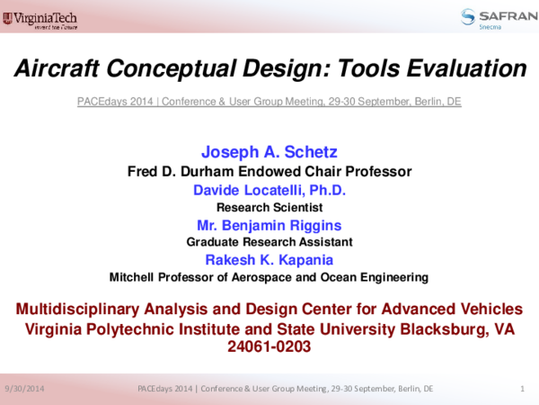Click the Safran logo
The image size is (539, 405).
pyautogui.click(x=491, y=17)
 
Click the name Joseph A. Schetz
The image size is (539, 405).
pyautogui.click(x=269, y=151)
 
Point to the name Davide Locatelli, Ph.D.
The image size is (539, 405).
pyautogui.click(x=269, y=190)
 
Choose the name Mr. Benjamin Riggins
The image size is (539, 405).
pyautogui.click(x=269, y=225)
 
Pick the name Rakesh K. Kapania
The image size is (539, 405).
pyautogui.click(x=269, y=259)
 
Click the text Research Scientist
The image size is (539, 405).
pyautogui.click(x=269, y=207)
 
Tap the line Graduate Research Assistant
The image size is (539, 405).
pyautogui.click(x=269, y=242)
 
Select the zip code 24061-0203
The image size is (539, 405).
pyautogui.click(x=269, y=346)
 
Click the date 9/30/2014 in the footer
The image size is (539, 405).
pyautogui.click(x=24, y=388)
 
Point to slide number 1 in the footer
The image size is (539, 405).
pyautogui.click(x=522, y=388)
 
